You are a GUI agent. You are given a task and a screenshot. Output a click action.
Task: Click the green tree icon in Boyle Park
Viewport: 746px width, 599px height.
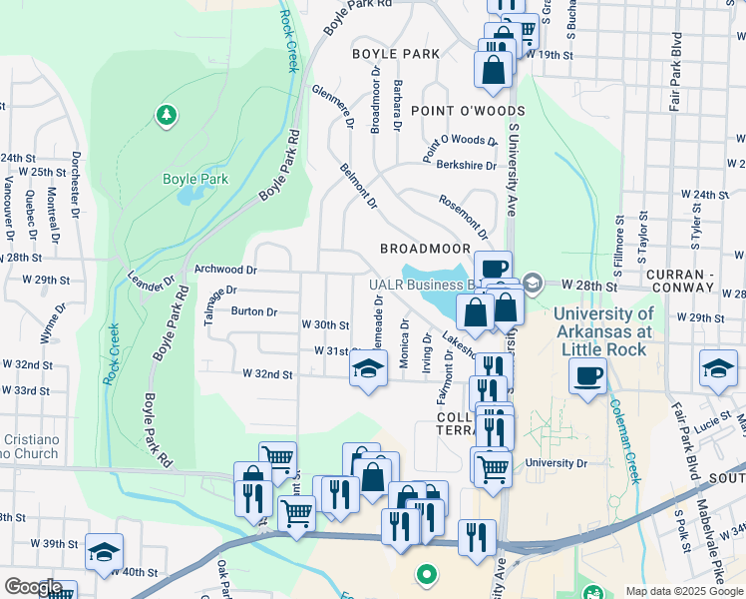(x=166, y=117)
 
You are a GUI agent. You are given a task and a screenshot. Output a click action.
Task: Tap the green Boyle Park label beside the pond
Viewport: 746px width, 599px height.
(x=195, y=180)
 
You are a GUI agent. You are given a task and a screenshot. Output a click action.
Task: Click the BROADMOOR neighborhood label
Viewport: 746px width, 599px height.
(x=425, y=247)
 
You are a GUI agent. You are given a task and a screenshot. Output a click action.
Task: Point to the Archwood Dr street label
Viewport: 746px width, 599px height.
(x=225, y=270)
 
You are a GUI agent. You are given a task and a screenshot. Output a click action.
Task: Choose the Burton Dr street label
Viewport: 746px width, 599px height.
(x=254, y=311)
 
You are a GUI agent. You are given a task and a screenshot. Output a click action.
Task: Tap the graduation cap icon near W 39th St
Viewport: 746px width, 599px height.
(x=104, y=552)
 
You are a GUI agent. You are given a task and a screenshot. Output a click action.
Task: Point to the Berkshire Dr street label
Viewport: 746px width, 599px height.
(x=466, y=166)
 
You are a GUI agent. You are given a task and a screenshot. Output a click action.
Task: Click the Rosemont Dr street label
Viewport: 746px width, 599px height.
(x=463, y=216)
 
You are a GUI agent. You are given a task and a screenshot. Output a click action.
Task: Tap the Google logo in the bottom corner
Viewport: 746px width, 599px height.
(x=33, y=587)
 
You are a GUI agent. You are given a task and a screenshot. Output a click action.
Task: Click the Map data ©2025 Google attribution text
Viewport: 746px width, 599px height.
(x=683, y=591)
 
